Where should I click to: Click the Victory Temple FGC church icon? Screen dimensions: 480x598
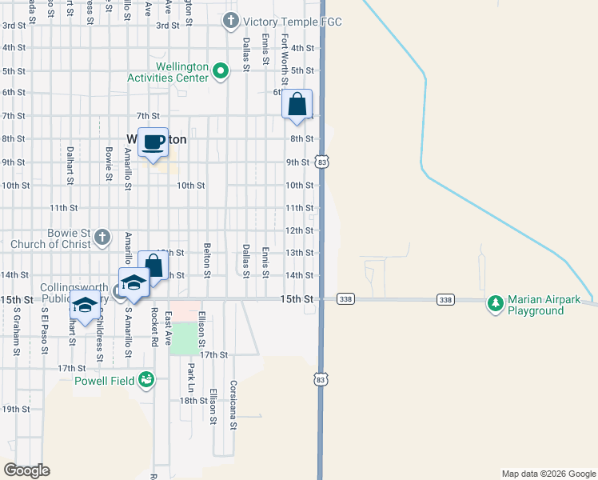(231, 21)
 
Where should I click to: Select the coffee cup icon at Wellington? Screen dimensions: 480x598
(153, 142)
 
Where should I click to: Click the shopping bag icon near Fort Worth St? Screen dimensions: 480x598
(297, 105)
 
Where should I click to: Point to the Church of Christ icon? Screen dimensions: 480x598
(102, 237)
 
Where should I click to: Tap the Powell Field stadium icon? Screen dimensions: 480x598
(146, 378)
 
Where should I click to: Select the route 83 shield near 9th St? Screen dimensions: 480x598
(321, 162)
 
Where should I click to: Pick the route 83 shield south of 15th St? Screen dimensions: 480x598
(321, 378)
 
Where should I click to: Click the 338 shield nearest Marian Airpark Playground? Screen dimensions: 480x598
(446, 299)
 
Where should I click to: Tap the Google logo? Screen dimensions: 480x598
(26, 470)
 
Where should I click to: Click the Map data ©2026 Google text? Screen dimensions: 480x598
(548, 474)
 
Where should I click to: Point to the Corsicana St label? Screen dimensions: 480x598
(233, 406)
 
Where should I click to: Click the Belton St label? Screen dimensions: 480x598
(207, 261)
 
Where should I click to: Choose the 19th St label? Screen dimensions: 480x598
(15, 408)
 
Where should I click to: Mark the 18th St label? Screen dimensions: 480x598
(193, 401)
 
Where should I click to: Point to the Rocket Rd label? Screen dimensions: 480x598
(153, 329)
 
